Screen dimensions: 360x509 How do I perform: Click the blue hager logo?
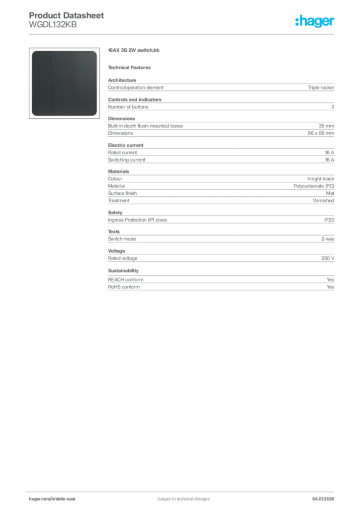(x=316, y=22)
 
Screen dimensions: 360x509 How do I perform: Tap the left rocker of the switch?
(x=42, y=83)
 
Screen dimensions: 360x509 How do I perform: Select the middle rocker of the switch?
(x=64, y=83)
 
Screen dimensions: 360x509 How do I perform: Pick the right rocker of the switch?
(x=86, y=83)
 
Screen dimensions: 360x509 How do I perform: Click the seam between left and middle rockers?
(x=53, y=83)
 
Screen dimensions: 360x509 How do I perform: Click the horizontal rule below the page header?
(x=183, y=34)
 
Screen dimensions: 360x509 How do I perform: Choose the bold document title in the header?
(x=68, y=15)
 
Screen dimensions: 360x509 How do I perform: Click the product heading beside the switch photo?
(x=135, y=50)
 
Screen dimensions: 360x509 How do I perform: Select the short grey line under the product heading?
(x=131, y=67)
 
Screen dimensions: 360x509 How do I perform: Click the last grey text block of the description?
(x=220, y=284)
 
